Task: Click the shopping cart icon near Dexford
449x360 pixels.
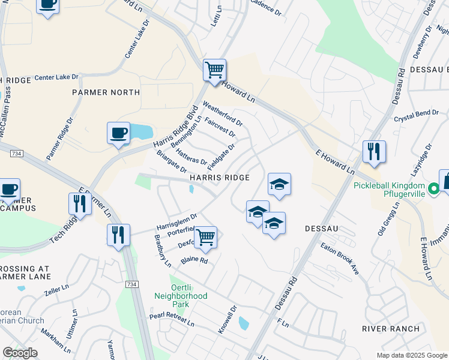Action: click(x=205, y=237)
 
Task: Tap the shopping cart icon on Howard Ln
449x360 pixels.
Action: click(x=214, y=70)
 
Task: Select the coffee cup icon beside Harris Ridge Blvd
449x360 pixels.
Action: click(x=119, y=133)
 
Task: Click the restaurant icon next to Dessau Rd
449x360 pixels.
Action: click(x=375, y=152)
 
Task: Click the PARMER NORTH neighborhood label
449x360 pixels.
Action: click(x=106, y=92)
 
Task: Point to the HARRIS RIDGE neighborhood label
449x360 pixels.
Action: click(x=219, y=178)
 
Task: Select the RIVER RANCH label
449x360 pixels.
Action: click(x=390, y=328)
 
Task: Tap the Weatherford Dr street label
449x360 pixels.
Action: click(x=223, y=113)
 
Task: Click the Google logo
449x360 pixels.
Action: click(x=20, y=353)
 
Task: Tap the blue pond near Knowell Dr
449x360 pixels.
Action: click(x=244, y=323)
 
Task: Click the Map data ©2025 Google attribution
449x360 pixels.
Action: click(x=411, y=355)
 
